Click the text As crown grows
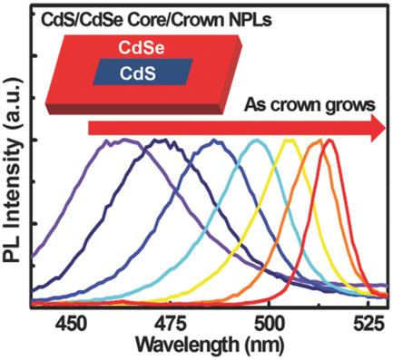pyautogui.click(x=308, y=104)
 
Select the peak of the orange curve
pyautogui.click(x=317, y=141)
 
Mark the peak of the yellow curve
pyautogui.click(x=290, y=141)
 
